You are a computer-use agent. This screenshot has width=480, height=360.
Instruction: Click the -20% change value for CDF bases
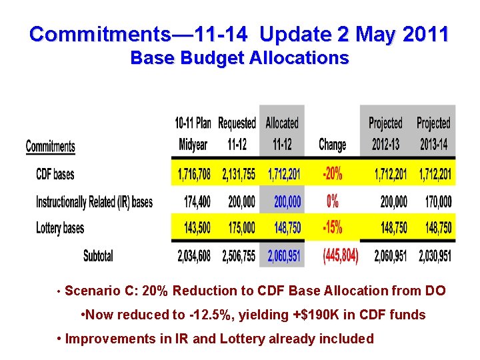point(333,175)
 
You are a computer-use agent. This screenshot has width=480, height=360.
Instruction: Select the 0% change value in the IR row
point(333,201)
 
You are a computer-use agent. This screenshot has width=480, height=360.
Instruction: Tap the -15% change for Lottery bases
point(333,228)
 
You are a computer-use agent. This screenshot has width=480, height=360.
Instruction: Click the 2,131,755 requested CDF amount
point(237,175)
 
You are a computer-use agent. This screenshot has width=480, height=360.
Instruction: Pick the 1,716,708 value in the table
point(193,175)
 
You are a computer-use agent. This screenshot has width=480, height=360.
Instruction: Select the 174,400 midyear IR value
point(197,201)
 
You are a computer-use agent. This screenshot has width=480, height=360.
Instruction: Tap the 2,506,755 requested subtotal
point(237,255)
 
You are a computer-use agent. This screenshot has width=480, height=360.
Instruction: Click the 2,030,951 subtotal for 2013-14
point(435,255)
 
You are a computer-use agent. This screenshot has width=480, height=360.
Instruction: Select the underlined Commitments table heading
point(50,146)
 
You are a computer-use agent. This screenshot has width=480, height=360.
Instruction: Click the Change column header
point(333,145)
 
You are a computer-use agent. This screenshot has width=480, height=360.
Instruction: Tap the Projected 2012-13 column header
point(385,134)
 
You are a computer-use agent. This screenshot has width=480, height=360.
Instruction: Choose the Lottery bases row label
point(60,228)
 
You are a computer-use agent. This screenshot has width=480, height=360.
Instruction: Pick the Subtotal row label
point(98,255)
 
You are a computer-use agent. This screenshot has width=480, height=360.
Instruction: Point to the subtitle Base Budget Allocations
point(239,58)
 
